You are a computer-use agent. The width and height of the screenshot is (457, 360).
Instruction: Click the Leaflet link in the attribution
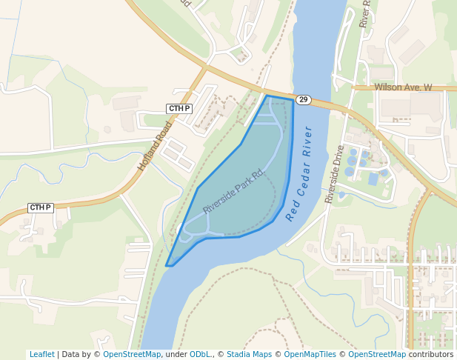[41, 354]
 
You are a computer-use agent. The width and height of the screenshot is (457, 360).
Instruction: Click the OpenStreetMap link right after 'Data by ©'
[132, 354]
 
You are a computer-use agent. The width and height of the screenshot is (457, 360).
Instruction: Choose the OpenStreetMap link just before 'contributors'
[377, 354]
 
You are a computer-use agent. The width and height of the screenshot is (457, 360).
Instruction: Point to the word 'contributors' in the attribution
[430, 354]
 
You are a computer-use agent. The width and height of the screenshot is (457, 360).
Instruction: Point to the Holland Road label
[154, 146]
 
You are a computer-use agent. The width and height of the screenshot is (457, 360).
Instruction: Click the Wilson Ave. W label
[403, 87]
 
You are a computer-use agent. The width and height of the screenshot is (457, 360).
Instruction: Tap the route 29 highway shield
[303, 99]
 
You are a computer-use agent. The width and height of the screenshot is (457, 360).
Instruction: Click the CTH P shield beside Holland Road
[179, 109]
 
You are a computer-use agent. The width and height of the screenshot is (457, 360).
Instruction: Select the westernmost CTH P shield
[40, 207]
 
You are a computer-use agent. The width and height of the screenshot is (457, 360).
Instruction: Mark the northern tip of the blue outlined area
[267, 96]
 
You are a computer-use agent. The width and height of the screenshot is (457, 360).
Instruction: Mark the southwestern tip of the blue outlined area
[168, 264]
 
